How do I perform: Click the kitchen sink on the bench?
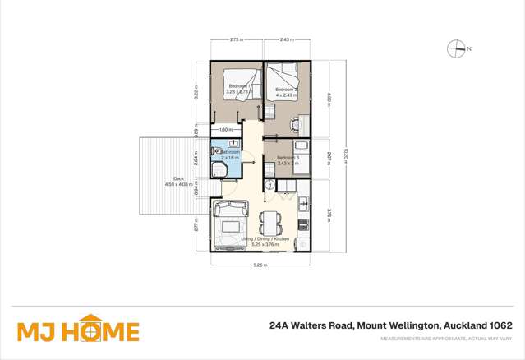[303, 202]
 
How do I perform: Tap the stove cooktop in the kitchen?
[303, 223]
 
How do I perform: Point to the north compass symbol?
[457, 49]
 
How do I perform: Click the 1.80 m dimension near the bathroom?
[224, 130]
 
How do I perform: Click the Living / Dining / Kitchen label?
[260, 239]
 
